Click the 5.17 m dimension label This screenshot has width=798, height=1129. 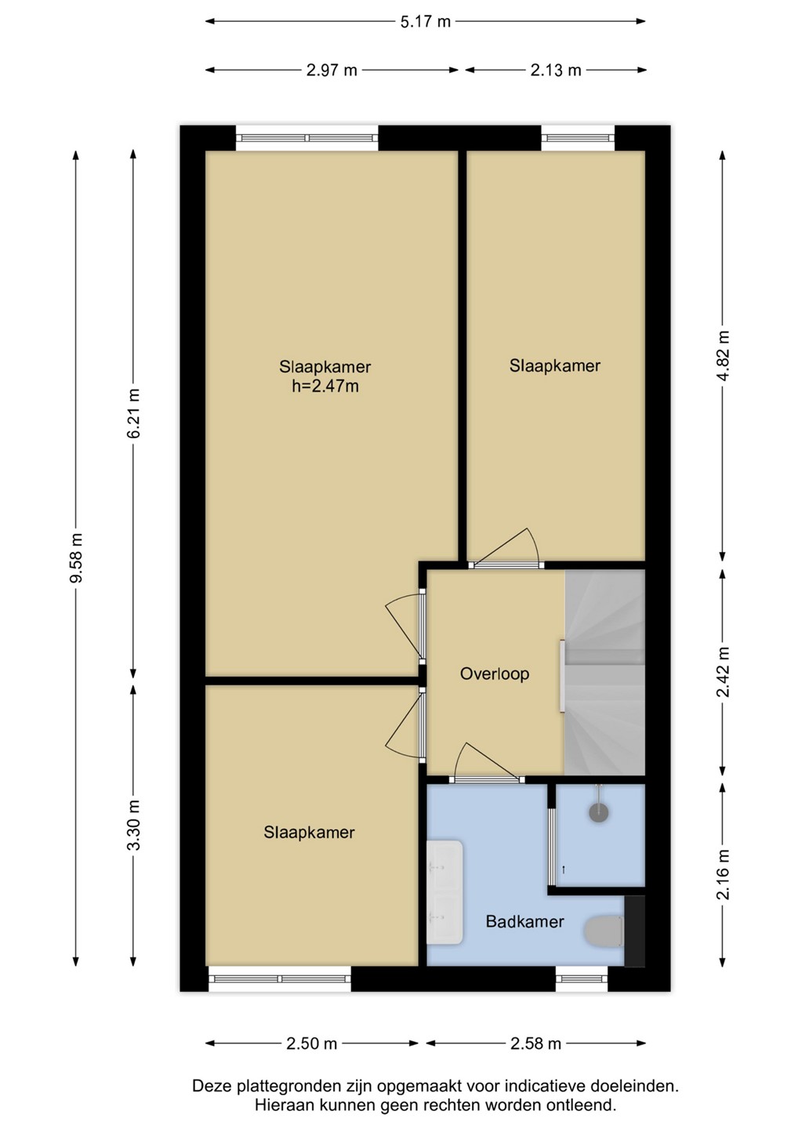point(425,22)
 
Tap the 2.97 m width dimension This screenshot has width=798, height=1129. point(332,70)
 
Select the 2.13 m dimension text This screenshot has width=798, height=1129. point(556,70)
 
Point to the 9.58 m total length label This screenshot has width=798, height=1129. point(76,558)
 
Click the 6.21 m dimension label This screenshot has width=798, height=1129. point(133,413)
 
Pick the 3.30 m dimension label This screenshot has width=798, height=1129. point(133,825)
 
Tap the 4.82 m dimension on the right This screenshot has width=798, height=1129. point(724,356)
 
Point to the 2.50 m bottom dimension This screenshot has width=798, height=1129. point(311,1044)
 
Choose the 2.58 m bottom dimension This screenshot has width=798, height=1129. point(535,1044)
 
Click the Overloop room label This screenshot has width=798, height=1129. point(494,674)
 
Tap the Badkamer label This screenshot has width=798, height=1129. point(524,922)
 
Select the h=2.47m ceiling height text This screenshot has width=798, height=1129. point(325,387)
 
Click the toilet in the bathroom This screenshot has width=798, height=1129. point(604,931)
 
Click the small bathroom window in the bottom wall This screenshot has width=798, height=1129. point(582,978)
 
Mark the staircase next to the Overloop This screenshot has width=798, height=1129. point(604,673)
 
